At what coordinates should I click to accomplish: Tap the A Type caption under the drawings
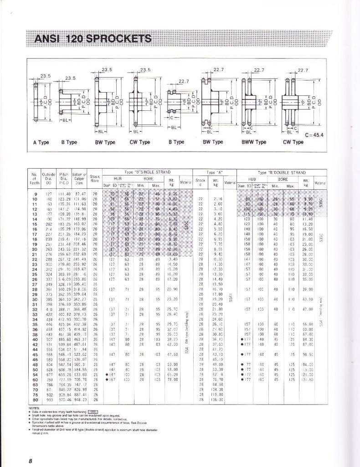[41, 142]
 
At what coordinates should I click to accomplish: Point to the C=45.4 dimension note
[317, 135]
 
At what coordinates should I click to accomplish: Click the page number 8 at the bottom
[30, 460]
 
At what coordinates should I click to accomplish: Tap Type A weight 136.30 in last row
[217, 400]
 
